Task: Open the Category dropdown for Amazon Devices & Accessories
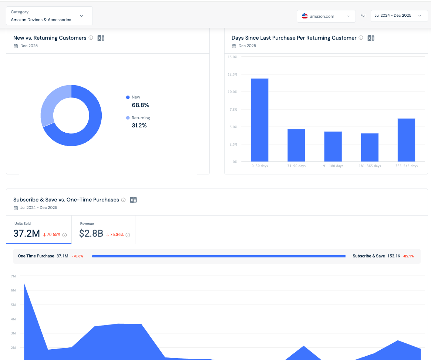pyautogui.click(x=49, y=16)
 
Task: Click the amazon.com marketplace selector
pyautogui.click(x=326, y=16)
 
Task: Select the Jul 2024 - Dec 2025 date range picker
pyautogui.click(x=399, y=16)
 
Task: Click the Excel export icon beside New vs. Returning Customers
pyautogui.click(x=101, y=38)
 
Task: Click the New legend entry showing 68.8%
pyautogui.click(x=137, y=101)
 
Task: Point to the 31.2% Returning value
pyautogui.click(x=139, y=126)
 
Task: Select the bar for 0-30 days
pyautogui.click(x=259, y=120)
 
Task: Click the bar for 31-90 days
pyautogui.click(x=296, y=145)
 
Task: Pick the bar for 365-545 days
pyautogui.click(x=406, y=140)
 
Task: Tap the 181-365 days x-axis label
pyautogui.click(x=370, y=166)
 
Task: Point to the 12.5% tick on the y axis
pyautogui.click(x=232, y=74)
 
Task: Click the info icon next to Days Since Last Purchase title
pyautogui.click(x=361, y=38)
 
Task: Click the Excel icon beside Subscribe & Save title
pyautogui.click(x=133, y=200)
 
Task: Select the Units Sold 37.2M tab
pyautogui.click(x=39, y=230)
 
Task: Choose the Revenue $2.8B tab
pyautogui.click(x=103, y=230)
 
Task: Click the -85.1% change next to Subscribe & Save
pyautogui.click(x=408, y=256)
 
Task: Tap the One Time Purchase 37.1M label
pyautogui.click(x=43, y=256)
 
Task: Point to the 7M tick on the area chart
pyautogui.click(x=13, y=276)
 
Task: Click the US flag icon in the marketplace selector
pyautogui.click(x=305, y=16)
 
